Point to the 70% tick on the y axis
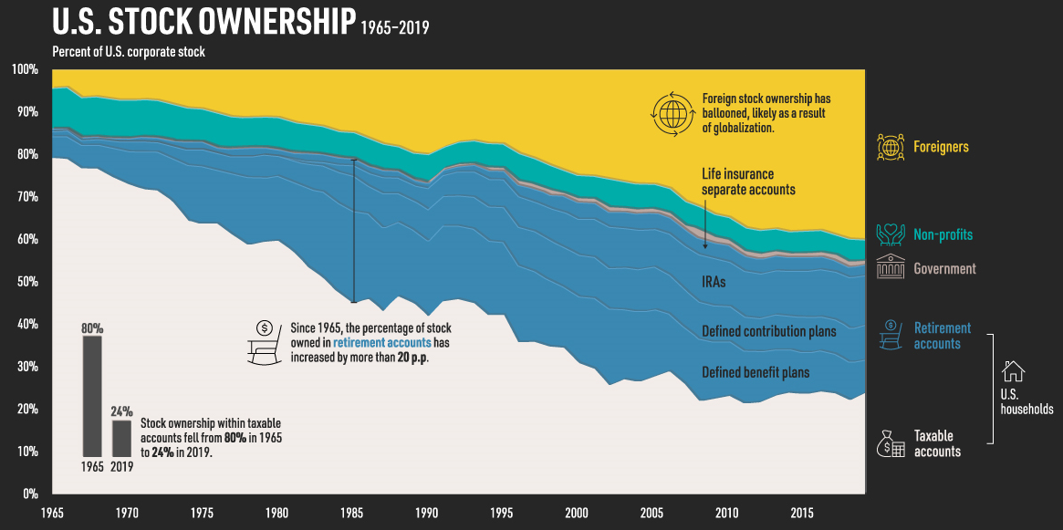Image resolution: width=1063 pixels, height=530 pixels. tap(25, 197)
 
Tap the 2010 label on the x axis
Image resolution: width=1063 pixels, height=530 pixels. tap(728, 512)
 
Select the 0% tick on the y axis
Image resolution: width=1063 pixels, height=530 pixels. tap(27, 494)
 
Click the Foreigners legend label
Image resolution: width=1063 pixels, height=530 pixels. tap(941, 147)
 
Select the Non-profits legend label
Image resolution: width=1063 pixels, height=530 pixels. tap(943, 234)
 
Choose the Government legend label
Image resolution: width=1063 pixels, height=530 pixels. tap(944, 269)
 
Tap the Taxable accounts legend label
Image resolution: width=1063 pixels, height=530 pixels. tap(937, 443)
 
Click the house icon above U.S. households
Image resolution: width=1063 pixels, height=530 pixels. tap(1014, 370)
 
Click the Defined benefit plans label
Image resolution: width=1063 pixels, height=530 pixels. tap(756, 372)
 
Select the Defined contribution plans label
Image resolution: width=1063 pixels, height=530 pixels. tap(768, 332)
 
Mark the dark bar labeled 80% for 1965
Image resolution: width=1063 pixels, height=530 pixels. tap(92, 396)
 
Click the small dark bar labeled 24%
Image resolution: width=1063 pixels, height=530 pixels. tap(121, 438)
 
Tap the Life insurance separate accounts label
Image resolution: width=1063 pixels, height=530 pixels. tap(748, 181)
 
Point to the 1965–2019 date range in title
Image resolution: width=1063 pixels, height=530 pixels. tap(393, 27)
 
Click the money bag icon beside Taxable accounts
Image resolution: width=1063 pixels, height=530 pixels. tap(890, 443)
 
